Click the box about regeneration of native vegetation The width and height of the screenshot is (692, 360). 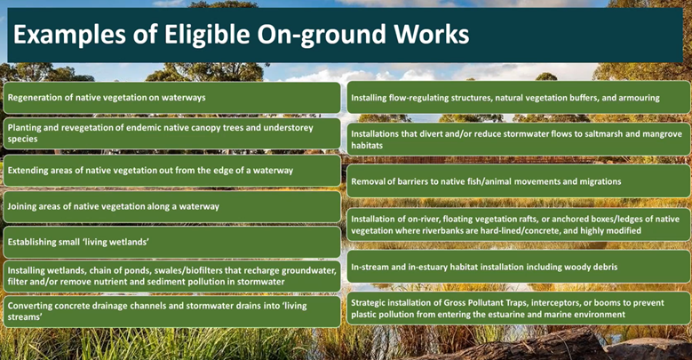(x=171, y=98)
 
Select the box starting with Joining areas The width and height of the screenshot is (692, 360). (x=171, y=206)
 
